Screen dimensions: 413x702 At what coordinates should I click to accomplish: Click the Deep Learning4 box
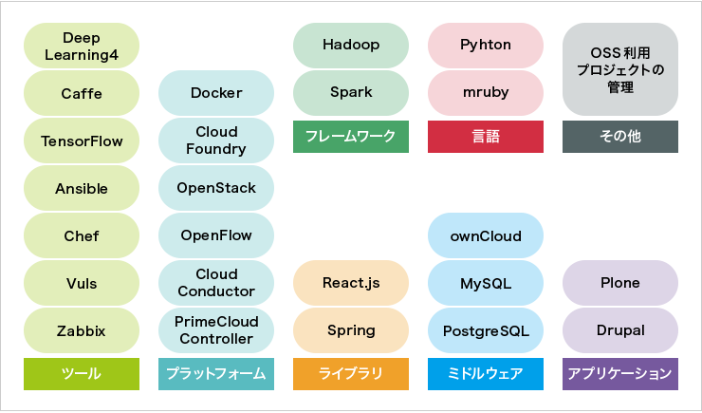[82, 46]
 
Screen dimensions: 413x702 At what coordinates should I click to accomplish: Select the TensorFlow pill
[82, 141]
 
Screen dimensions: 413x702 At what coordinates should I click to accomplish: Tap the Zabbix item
[82, 331]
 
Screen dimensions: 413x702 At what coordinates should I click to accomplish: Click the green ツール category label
[82, 374]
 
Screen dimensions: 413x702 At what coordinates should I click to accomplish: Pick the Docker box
[216, 93]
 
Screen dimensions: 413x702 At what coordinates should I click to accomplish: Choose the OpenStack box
[216, 188]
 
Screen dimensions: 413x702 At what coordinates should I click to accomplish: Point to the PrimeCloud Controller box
[216, 330]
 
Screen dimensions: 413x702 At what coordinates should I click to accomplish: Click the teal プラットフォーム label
[216, 374]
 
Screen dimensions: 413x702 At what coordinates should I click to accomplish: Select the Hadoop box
[351, 45]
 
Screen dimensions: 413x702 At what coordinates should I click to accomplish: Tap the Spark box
[351, 93]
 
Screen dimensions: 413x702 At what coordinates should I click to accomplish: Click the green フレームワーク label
[351, 137]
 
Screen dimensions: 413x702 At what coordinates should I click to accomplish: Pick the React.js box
[351, 283]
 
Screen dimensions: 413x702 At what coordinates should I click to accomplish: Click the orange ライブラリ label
[351, 374]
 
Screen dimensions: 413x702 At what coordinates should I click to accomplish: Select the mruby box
[486, 93]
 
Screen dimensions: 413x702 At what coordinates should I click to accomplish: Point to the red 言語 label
[486, 137]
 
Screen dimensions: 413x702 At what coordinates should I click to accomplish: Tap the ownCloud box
[486, 235]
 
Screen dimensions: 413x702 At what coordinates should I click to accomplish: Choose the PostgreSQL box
[486, 331]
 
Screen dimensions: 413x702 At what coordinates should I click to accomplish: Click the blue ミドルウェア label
[486, 374]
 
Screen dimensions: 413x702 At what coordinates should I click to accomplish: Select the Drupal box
[620, 331]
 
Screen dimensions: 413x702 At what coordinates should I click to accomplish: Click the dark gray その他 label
[620, 137]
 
